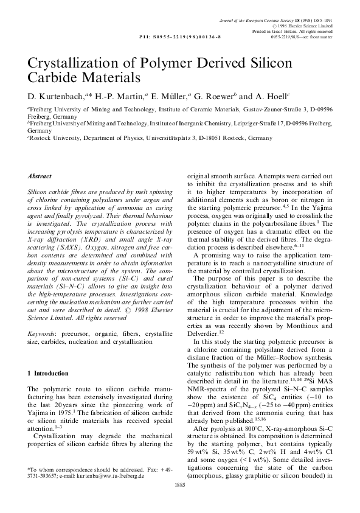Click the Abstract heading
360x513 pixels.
[40, 175]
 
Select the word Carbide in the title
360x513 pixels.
[52, 79]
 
